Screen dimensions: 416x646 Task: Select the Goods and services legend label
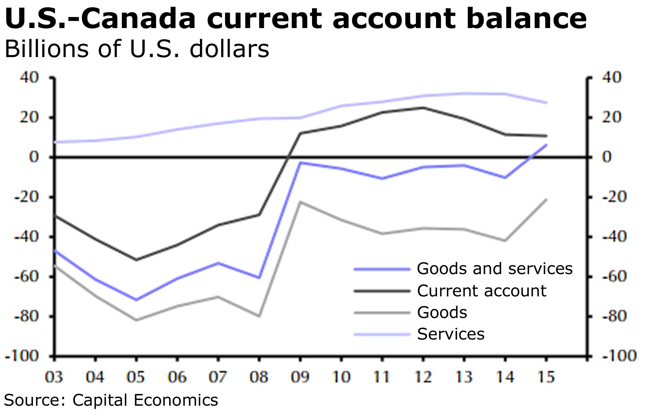(495, 269)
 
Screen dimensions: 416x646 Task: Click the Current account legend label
(482, 291)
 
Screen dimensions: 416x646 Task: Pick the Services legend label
(451, 334)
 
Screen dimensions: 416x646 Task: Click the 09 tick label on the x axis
(300, 377)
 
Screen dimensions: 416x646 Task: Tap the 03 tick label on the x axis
(54, 377)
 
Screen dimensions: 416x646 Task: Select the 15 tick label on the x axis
(546, 377)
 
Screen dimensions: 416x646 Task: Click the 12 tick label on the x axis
(423, 377)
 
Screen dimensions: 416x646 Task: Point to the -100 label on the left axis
(22, 356)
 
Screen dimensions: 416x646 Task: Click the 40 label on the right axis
(611, 78)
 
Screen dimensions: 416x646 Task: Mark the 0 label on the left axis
(34, 157)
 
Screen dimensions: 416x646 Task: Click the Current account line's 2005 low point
(136, 260)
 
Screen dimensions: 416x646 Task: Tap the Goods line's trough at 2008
(259, 316)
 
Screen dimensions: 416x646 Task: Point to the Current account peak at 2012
(423, 107)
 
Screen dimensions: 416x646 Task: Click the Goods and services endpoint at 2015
(546, 144)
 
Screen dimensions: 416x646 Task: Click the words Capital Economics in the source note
(145, 400)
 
